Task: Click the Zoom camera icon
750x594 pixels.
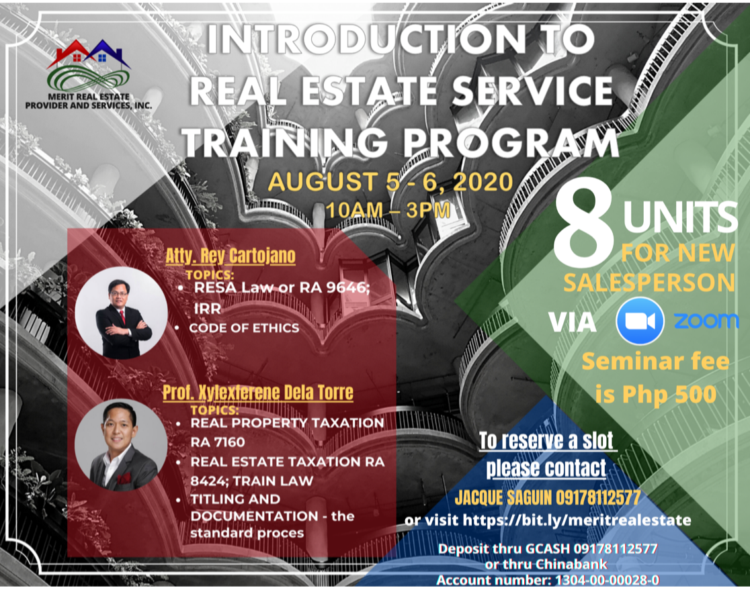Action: [640, 321]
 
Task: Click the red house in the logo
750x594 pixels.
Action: [70, 52]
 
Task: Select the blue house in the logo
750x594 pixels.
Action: [101, 52]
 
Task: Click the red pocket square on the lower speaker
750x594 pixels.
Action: [124, 479]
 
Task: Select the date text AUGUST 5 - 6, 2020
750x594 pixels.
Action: [390, 181]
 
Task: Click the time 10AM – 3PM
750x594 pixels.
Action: [387, 209]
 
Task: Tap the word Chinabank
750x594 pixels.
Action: [575, 564]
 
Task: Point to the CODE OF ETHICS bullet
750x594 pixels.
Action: [243, 328]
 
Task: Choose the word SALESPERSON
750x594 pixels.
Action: [649, 283]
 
